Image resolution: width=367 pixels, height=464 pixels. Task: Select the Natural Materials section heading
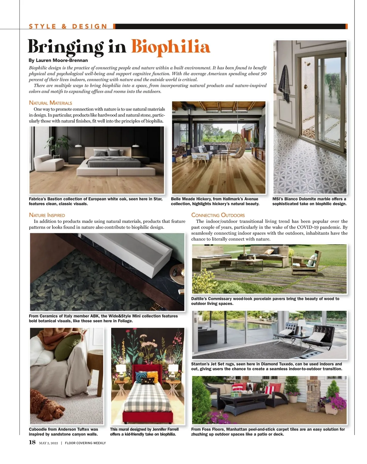click(50, 103)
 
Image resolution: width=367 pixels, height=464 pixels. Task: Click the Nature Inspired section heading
click(47, 215)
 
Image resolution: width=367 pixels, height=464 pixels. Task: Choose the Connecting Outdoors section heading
click(218, 215)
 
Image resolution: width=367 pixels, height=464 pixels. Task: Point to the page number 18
click(32, 442)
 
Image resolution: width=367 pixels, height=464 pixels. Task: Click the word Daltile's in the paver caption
click(199, 299)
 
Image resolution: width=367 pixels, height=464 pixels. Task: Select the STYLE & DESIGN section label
click(68, 27)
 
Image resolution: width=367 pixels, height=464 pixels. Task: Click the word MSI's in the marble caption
click(277, 199)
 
